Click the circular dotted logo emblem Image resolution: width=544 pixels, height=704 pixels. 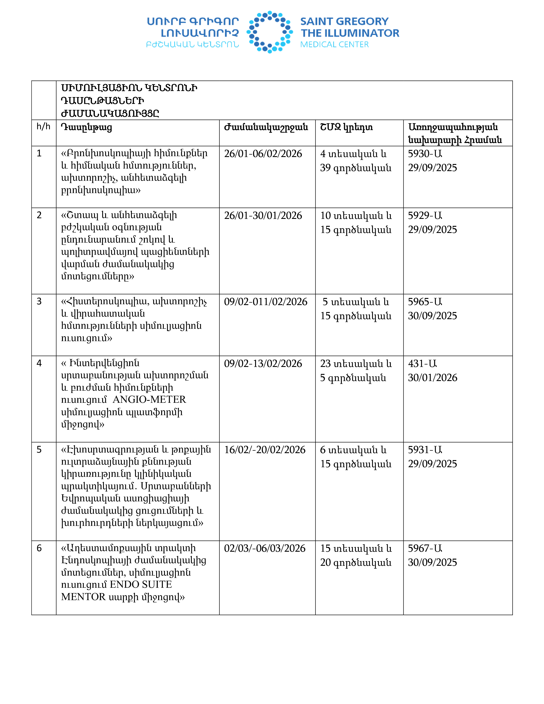pyautogui.click(x=270, y=32)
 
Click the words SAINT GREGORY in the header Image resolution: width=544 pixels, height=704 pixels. pyautogui.click(x=344, y=21)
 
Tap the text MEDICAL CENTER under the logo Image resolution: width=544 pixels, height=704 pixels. pyautogui.click(x=334, y=45)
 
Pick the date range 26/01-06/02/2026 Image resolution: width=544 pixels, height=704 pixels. pyautogui.click(x=263, y=154)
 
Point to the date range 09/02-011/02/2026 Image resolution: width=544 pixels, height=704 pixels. pyautogui.click(x=266, y=302)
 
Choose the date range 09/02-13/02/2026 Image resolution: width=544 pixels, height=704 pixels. pyautogui.click(x=263, y=364)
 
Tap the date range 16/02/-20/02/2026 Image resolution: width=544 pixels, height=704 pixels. pyautogui.click(x=265, y=450)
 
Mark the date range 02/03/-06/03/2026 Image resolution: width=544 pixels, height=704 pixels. pyautogui.click(x=265, y=548)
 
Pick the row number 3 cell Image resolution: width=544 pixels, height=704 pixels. pyautogui.click(x=39, y=301)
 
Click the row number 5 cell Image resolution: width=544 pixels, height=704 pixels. pyautogui.click(x=39, y=450)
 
